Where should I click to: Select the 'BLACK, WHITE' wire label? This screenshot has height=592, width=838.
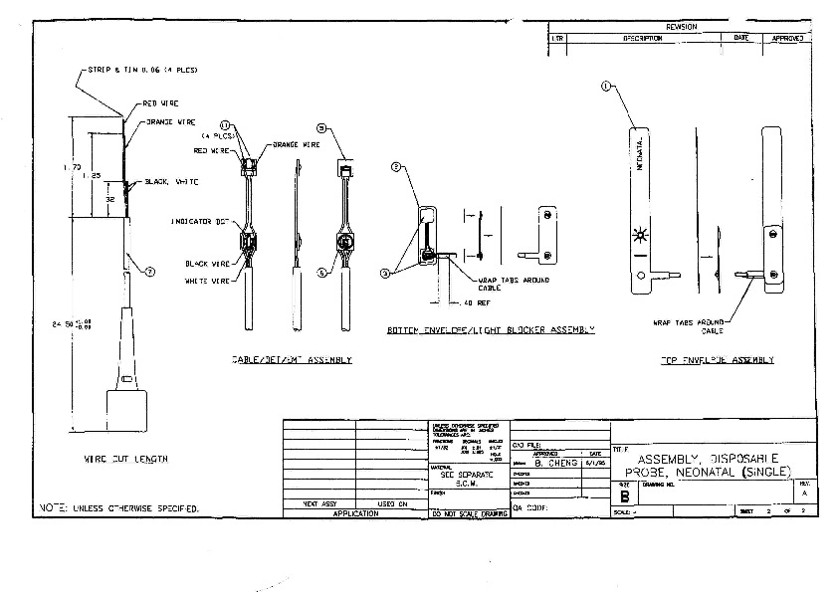point(172,182)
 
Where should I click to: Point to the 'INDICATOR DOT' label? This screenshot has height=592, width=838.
point(202,221)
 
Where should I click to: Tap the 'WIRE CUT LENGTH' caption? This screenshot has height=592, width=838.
point(125,459)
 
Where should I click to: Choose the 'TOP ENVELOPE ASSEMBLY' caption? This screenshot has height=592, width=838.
point(717,360)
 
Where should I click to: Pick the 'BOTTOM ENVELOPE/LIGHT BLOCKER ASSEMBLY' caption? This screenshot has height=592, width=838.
point(491,329)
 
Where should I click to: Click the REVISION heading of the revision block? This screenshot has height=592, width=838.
point(681,27)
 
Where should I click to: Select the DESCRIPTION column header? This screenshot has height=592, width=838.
point(643,38)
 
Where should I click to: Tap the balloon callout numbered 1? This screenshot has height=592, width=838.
point(605,87)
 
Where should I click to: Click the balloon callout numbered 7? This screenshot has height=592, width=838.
point(150,271)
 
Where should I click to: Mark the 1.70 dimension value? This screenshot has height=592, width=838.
point(72,167)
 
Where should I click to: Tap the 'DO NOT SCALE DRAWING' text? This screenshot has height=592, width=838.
point(465,513)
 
